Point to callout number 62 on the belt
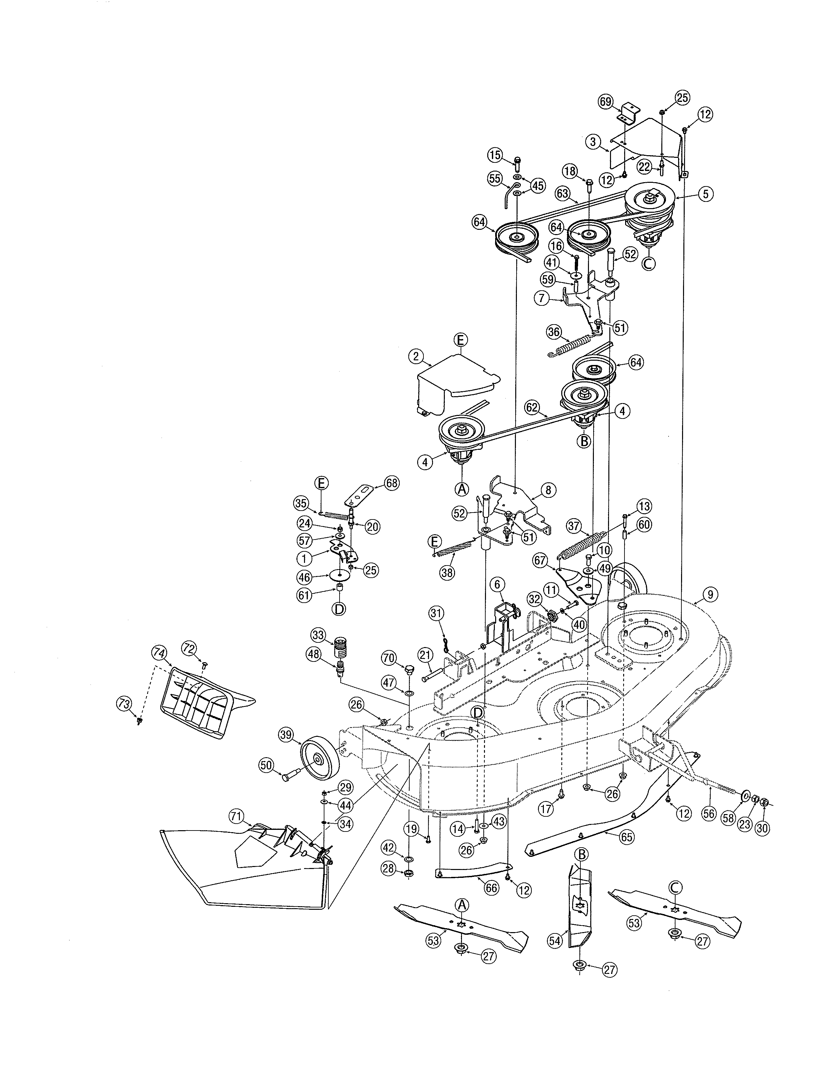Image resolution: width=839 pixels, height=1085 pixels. pyautogui.click(x=532, y=407)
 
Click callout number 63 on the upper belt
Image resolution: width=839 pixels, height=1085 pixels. pyautogui.click(x=562, y=194)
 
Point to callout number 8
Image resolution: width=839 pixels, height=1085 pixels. pyautogui.click(x=548, y=490)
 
